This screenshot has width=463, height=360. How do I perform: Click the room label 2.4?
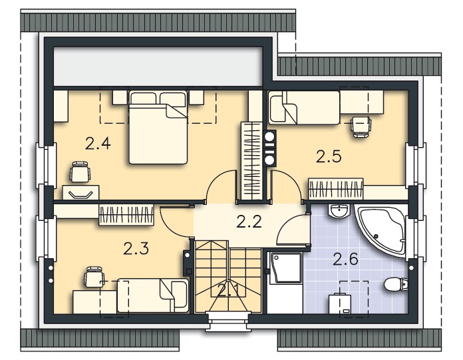click(98, 144)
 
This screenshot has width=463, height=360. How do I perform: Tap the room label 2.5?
click(329, 156)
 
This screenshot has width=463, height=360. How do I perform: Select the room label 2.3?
click(136, 248)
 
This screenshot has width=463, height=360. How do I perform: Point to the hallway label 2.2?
click(249, 222)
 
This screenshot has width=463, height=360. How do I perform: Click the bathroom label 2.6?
click(345, 259)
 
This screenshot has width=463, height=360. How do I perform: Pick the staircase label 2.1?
click(229, 291)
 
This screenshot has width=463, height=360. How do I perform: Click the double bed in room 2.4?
click(158, 127)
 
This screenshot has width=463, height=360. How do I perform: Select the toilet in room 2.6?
click(396, 284)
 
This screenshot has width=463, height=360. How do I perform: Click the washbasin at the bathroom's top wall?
click(339, 211)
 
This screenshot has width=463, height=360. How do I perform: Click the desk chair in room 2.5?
click(361, 126)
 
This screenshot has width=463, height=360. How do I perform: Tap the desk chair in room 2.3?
click(94, 276)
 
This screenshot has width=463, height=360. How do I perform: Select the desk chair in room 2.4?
click(79, 172)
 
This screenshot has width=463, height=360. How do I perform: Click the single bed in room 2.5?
click(304, 107)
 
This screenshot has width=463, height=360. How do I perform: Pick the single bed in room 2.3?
click(153, 295)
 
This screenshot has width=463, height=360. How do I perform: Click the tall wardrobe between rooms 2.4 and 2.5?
click(251, 160)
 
